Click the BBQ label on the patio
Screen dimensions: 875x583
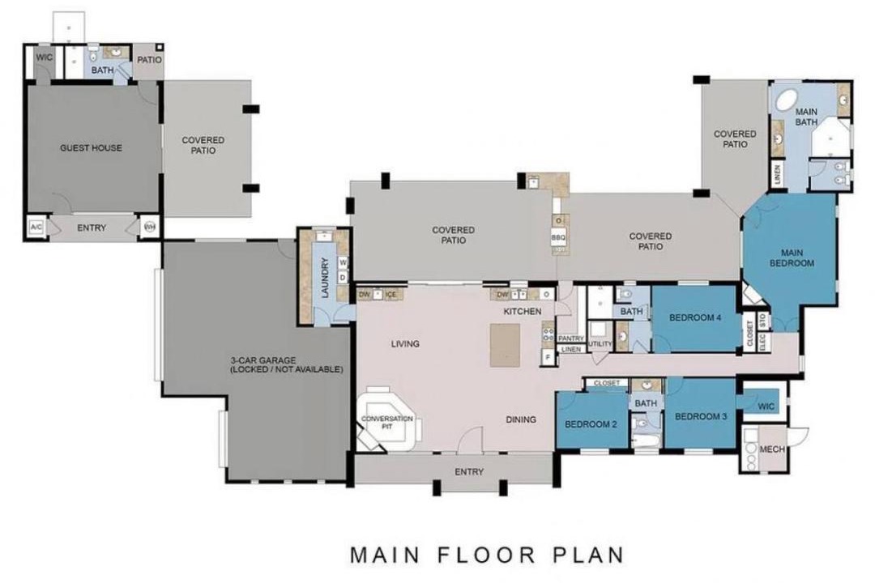[558, 238]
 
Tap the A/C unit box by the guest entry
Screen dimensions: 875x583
[36, 228]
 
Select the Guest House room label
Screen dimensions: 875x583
[91, 148]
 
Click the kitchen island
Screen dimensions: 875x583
[505, 345]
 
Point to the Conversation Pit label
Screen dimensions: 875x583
[387, 423]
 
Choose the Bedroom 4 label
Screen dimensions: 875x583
[695, 318]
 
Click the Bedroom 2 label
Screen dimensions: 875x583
[591, 424]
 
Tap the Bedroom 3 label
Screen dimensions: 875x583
[701, 417]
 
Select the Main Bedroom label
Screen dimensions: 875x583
[792, 257]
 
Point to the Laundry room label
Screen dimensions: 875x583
[326, 277]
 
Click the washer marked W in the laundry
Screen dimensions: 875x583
[343, 262]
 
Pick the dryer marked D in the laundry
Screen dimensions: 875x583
[343, 277]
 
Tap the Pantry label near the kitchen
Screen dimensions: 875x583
[571, 338]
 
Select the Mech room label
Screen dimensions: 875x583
[772, 449]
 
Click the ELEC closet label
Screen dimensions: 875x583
[763, 342]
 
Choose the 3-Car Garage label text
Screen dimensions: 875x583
[286, 365]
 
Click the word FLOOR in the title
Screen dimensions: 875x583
[487, 555]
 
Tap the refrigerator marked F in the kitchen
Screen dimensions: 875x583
[548, 357]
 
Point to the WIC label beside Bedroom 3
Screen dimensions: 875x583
[766, 406]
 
